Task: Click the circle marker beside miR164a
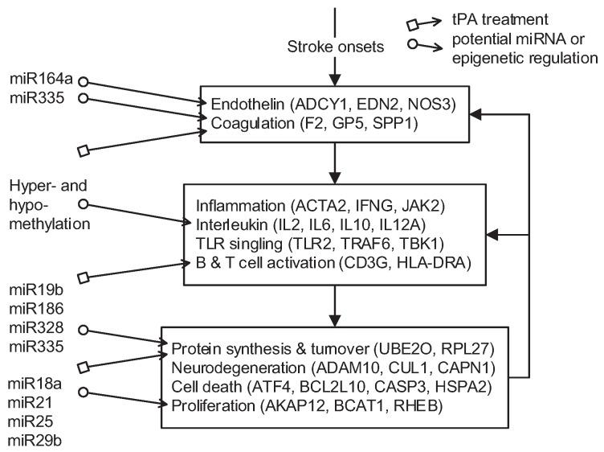click(81, 81)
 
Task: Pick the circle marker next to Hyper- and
click(81, 203)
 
